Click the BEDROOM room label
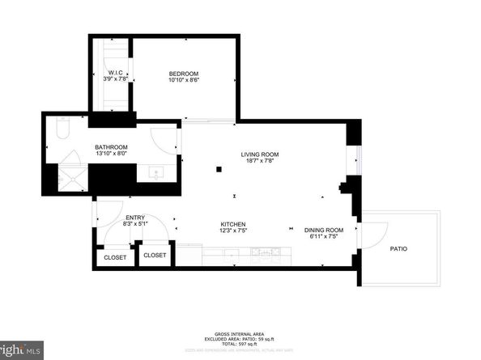184,73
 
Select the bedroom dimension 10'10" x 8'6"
184,80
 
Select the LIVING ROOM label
260,155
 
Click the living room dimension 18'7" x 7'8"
260,162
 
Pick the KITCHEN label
233,224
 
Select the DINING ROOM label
324,230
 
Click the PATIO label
399,249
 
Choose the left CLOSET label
114,257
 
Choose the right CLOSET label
155,255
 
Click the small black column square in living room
218,169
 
